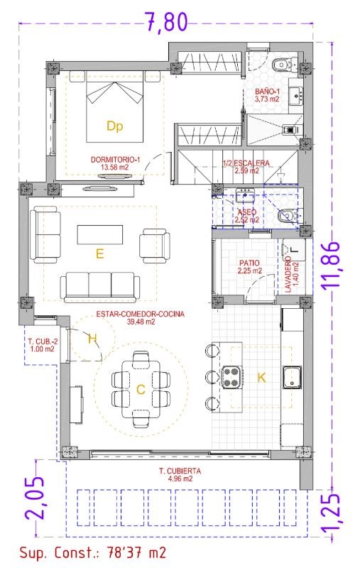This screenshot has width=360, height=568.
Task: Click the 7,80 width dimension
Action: (166, 22)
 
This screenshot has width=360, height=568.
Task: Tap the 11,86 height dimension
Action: (331, 264)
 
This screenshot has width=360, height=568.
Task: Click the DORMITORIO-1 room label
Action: (115, 159)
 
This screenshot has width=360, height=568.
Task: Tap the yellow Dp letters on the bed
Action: (115, 126)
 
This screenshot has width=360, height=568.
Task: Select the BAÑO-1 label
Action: (267, 92)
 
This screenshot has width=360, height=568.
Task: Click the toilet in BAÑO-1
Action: (285, 65)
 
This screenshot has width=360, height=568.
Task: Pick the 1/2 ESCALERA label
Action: (246, 163)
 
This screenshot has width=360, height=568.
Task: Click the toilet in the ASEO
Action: (289, 216)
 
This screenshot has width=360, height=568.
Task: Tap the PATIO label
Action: (249, 263)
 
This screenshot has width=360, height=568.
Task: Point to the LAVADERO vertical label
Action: (288, 275)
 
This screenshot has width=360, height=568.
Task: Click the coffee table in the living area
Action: (100, 235)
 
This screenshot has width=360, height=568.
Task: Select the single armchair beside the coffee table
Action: (155, 246)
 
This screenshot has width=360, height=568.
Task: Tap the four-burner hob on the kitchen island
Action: (231, 377)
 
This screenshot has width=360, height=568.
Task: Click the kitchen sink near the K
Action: (293, 377)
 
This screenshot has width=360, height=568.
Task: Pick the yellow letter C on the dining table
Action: (141, 390)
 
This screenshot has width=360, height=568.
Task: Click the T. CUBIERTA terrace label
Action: (180, 471)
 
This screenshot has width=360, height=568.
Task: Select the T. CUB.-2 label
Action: (43, 342)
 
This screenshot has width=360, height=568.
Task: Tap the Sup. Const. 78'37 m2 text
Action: (93, 553)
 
